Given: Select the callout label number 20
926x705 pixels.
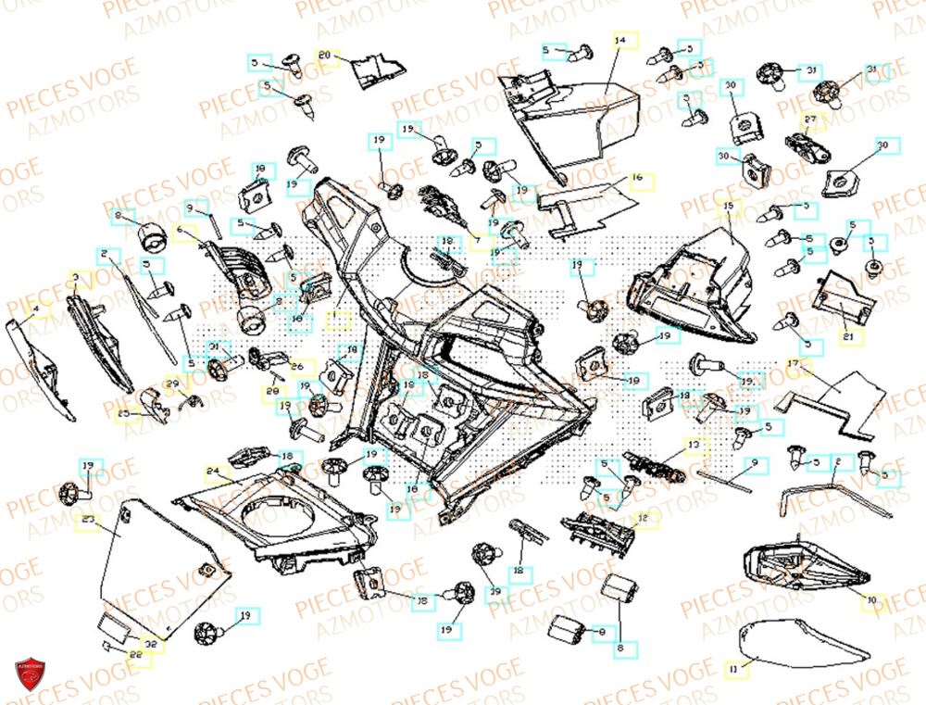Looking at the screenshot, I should coord(324,56).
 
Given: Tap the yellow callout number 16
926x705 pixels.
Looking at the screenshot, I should coord(637,176).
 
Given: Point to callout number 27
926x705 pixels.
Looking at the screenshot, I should coord(810,120).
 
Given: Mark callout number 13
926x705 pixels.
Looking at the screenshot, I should coord(693,447).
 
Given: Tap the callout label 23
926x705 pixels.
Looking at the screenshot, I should coord(89,522).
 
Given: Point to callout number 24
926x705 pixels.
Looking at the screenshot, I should coord(213,471).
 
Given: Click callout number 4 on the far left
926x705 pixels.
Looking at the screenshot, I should coord(35,310).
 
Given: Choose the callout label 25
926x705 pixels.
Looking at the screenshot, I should coord(123,412).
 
